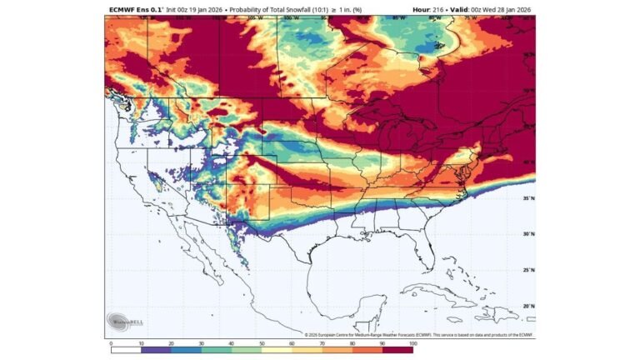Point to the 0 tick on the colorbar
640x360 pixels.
(x=111, y=342)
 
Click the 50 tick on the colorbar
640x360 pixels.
(x=262, y=342)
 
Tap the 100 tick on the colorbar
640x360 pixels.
(x=412, y=342)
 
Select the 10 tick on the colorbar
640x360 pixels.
(x=141, y=342)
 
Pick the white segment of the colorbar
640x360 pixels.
(x=126, y=350)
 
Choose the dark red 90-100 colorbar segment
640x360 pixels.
(x=397, y=350)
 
